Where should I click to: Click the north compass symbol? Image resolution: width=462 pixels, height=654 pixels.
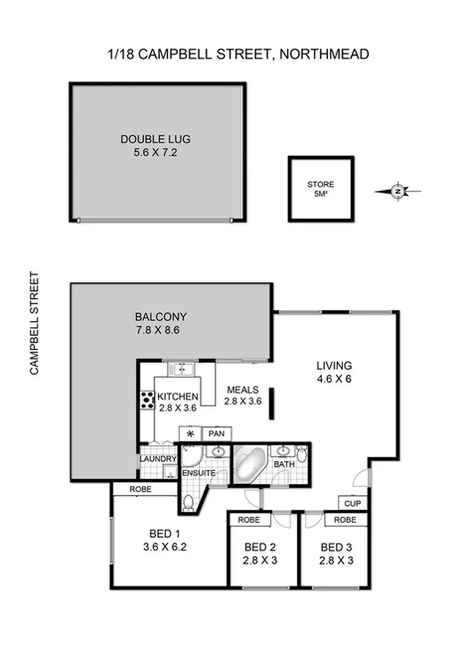point(397,190)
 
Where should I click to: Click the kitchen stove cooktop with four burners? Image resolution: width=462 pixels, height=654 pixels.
point(146,401)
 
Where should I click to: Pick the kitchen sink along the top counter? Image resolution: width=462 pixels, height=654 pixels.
point(181,370)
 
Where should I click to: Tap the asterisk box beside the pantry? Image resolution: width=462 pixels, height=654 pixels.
point(189,434)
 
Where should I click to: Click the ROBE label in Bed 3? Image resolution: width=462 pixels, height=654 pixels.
point(345,520)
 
